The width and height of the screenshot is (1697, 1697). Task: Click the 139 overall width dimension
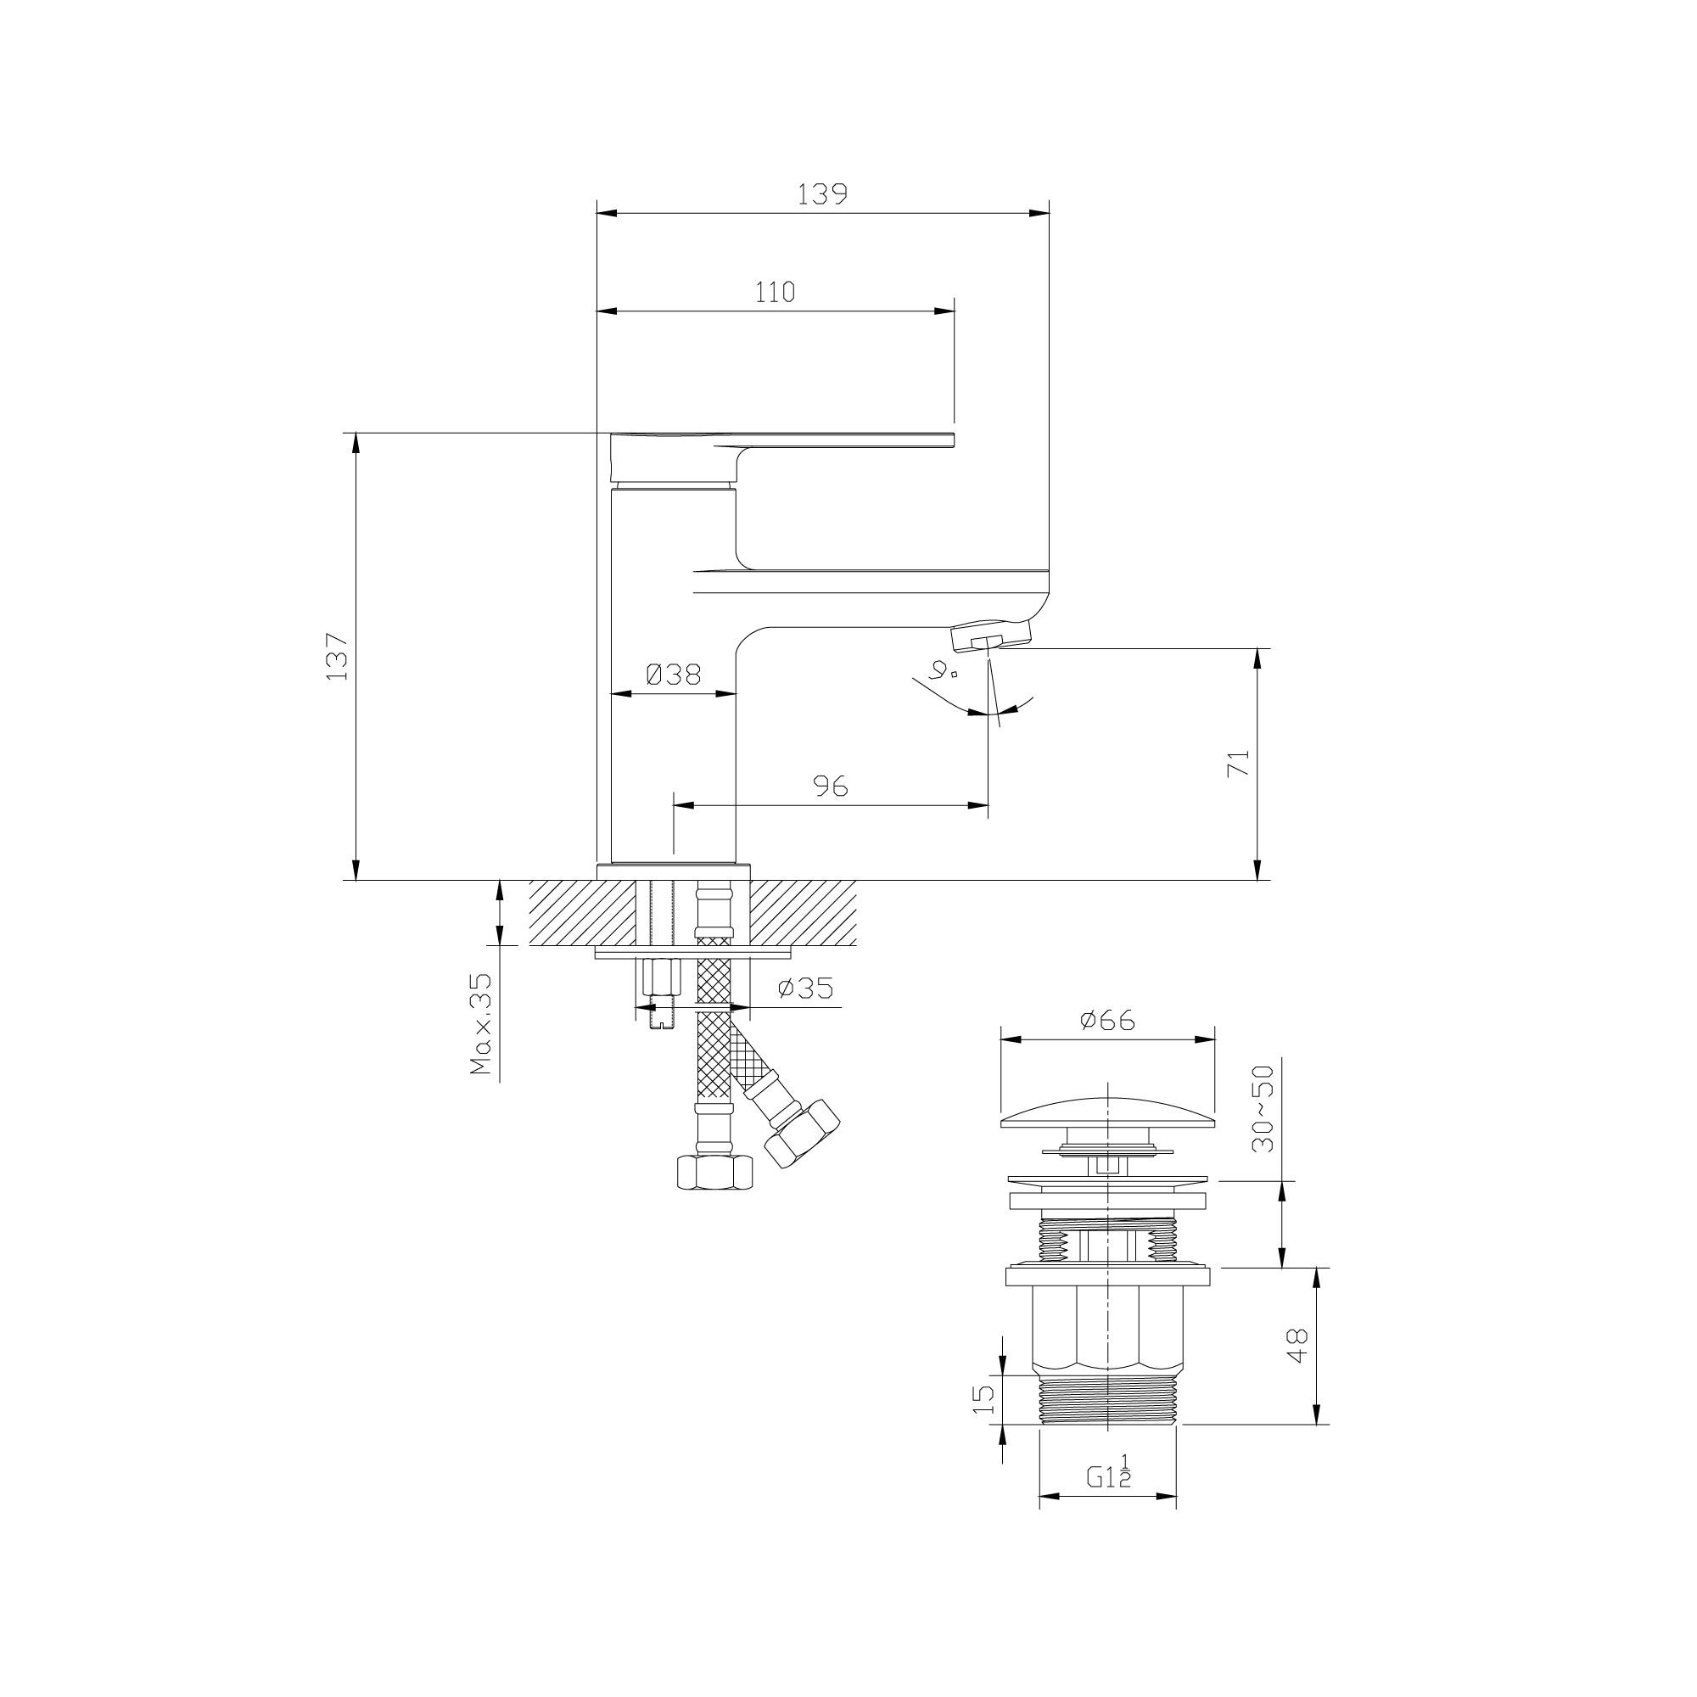click(822, 194)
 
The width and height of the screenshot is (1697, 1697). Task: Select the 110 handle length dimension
click(775, 292)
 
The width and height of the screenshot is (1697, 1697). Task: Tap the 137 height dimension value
click(338, 656)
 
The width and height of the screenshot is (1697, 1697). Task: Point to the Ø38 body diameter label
click(673, 674)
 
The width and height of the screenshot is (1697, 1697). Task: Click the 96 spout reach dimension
click(830, 787)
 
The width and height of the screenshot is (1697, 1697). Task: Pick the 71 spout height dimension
click(1238, 764)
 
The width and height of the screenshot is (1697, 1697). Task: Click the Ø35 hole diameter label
click(804, 989)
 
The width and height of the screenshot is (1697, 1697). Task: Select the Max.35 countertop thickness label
click(481, 1025)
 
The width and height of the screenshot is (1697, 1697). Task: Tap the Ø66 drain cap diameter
click(1107, 1020)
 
